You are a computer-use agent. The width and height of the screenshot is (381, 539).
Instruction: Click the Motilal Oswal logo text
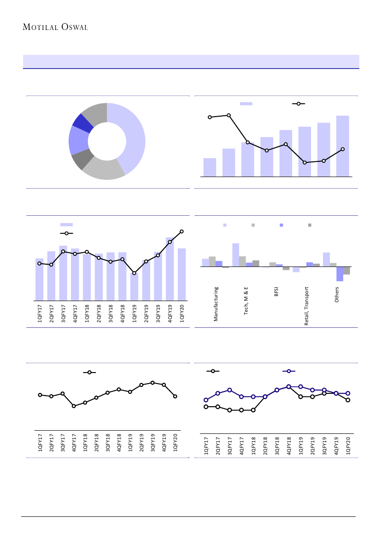click(55, 27)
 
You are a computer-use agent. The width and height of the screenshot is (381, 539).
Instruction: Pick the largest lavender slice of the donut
click(134, 138)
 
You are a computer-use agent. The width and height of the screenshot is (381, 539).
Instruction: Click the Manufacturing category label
click(216, 304)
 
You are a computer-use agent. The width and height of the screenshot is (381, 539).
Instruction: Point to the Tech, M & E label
click(246, 301)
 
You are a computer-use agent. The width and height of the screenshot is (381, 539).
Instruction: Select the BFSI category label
click(276, 292)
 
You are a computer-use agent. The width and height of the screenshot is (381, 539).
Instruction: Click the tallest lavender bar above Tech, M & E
click(235, 255)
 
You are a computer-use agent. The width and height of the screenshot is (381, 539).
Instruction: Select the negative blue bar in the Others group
click(340, 274)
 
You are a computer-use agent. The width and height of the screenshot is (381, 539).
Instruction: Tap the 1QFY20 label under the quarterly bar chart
click(182, 313)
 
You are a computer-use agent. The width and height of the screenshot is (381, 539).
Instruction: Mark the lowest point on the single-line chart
click(74, 406)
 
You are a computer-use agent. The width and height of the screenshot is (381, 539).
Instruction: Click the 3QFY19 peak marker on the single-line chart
click(152, 382)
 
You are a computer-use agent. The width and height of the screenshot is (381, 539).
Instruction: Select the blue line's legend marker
click(288, 371)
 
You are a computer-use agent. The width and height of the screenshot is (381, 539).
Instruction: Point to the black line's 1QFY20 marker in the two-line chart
click(348, 400)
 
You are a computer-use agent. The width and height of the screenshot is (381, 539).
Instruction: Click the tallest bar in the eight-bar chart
click(342, 146)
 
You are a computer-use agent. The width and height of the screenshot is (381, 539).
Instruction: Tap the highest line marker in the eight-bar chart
click(229, 115)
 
